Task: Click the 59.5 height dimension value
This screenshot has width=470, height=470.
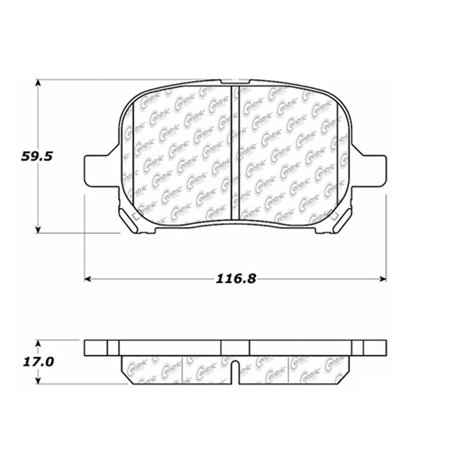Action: point(38,156)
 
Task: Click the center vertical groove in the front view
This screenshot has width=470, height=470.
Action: point(235,151)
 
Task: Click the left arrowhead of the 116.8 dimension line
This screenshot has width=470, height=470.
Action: point(87,279)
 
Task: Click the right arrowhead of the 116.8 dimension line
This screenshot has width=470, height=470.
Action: point(383,279)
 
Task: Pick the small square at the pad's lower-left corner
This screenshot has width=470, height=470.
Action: point(134,217)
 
